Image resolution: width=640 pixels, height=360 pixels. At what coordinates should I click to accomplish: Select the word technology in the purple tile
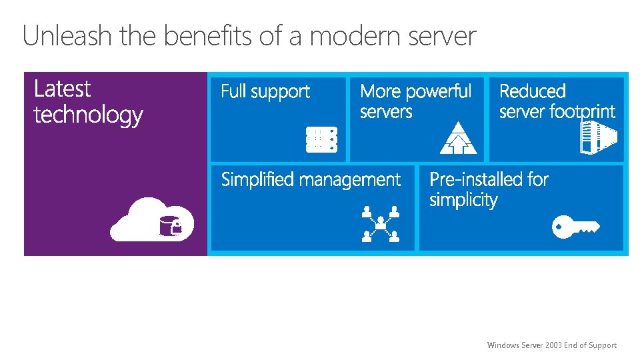tap(88, 115)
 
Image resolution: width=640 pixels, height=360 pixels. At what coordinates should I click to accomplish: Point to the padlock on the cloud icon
tap(176, 228)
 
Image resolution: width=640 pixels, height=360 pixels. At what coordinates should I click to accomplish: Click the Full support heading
tap(265, 91)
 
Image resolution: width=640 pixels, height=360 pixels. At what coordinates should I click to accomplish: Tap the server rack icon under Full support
tap(321, 139)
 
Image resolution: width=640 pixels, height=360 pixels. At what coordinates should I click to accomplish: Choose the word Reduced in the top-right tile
tap(532, 91)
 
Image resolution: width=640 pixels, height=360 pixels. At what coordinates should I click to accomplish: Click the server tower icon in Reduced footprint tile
tap(597, 137)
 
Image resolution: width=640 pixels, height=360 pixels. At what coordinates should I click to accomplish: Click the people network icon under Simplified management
tap(381, 223)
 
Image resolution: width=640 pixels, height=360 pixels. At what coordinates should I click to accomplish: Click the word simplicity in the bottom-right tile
tap(463, 200)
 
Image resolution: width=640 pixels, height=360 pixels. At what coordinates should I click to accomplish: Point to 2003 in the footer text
tap(553, 345)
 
